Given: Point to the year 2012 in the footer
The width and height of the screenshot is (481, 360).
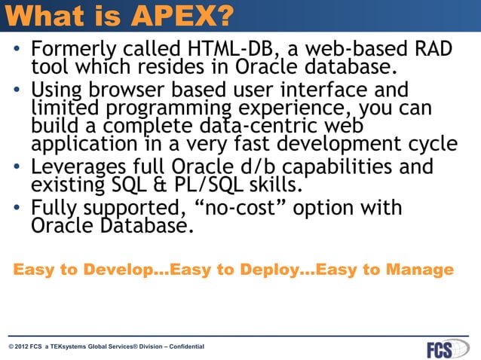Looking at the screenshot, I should click(x=23, y=346).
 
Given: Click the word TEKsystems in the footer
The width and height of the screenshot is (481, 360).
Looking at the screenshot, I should click(x=76, y=346).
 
